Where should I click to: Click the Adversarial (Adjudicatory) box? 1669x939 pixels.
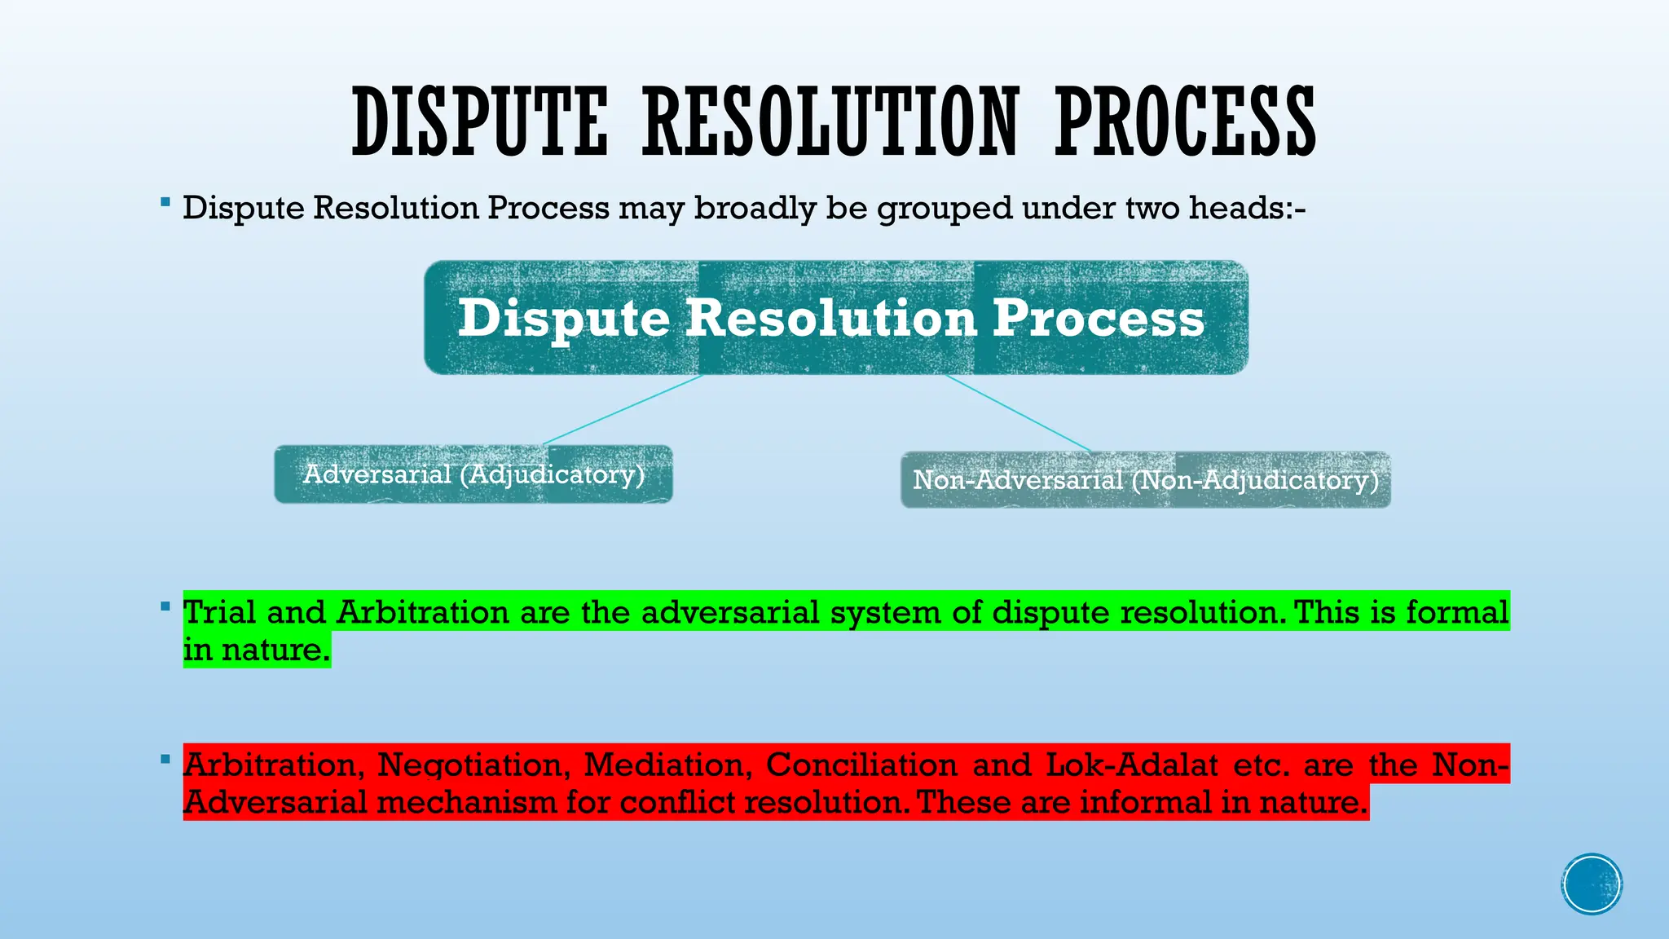[x=473, y=474]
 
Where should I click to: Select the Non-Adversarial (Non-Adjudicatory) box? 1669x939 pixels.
[x=1145, y=480]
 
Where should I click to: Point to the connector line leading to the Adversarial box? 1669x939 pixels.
[x=623, y=409]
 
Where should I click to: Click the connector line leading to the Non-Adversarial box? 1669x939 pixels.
[x=1019, y=413]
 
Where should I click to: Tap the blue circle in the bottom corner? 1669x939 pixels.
[x=1592, y=884]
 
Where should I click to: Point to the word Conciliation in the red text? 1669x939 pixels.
[x=861, y=765]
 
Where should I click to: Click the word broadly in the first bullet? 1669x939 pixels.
[x=754, y=209]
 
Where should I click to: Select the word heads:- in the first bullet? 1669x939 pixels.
[x=1247, y=209]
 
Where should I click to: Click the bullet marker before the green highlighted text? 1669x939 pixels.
[x=165, y=606]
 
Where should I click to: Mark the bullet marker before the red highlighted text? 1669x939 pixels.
[x=165, y=760]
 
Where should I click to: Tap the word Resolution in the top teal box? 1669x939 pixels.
[x=830, y=318]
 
